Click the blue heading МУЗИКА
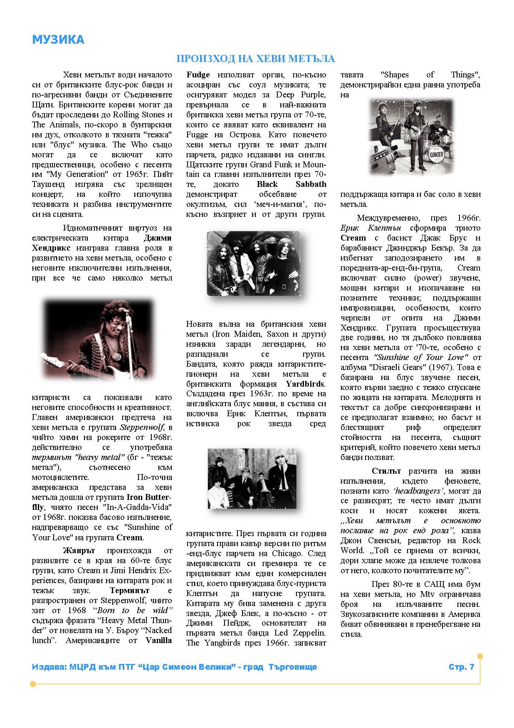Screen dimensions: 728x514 (58, 40)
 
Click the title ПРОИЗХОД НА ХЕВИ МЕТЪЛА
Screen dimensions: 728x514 (255, 59)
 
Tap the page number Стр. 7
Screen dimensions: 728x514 (461, 667)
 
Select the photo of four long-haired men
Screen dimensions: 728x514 (253, 263)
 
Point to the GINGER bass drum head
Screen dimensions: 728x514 (436, 154)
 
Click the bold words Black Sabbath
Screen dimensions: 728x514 (291, 184)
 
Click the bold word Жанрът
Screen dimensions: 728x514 (79, 551)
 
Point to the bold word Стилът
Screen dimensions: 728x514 (386, 471)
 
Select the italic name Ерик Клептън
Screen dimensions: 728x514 (371, 228)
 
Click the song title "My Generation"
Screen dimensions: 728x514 (76, 174)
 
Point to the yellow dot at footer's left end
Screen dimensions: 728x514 (33, 684)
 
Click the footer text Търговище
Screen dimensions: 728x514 (292, 667)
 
